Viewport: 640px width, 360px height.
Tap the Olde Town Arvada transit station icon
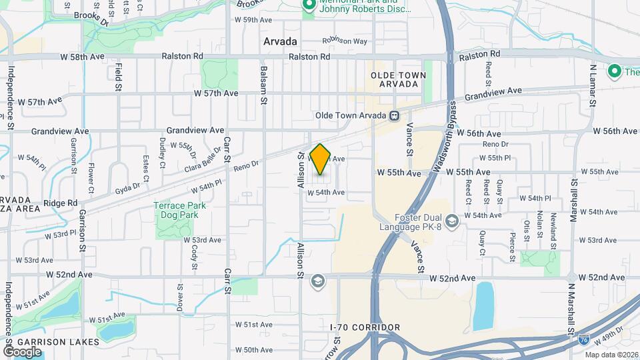click(x=395, y=115)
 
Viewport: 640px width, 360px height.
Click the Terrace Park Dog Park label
click(x=180, y=210)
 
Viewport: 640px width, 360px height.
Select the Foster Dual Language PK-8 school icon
click(x=452, y=221)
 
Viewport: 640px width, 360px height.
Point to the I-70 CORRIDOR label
click(x=365, y=327)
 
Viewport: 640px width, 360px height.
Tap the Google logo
click(x=22, y=351)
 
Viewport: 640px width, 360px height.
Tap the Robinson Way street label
click(x=345, y=41)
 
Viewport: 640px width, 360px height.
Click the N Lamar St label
click(x=592, y=85)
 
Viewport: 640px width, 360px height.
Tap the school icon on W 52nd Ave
click(x=317, y=280)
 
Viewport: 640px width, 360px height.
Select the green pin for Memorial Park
click(x=309, y=6)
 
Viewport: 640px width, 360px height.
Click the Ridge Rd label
click(x=61, y=203)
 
